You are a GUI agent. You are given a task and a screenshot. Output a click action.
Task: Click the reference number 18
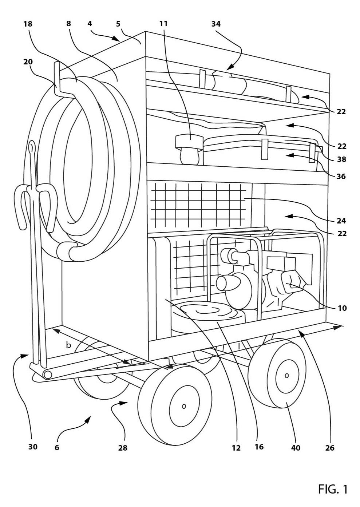point(28,24)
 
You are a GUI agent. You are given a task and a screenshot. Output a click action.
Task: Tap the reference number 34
point(216,24)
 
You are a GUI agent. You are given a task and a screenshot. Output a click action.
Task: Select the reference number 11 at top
point(163,24)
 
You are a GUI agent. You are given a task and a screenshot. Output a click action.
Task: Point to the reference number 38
point(342,159)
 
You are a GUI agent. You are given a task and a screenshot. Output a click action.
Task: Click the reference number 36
point(341,176)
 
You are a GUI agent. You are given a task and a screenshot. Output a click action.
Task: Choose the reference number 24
point(341,221)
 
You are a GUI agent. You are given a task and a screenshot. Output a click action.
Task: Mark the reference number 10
point(342,308)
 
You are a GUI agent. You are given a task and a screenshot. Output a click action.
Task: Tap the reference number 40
point(296,448)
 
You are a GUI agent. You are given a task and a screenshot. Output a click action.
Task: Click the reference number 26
point(330,448)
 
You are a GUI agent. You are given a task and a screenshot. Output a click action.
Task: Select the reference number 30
point(33,447)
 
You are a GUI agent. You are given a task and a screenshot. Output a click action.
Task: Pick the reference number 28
point(123,448)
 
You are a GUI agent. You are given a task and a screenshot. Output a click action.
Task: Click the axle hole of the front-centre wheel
point(184,406)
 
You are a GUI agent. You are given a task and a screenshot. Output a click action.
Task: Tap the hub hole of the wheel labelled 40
point(286,376)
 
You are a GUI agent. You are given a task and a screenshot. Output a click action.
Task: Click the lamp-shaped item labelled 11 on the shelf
point(189,149)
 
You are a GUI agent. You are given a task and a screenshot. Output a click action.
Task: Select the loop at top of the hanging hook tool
point(32,147)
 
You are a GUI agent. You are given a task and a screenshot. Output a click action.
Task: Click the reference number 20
point(28,62)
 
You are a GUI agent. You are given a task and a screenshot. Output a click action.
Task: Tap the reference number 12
point(236,448)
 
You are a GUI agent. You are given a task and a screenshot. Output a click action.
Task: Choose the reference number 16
point(259,447)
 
